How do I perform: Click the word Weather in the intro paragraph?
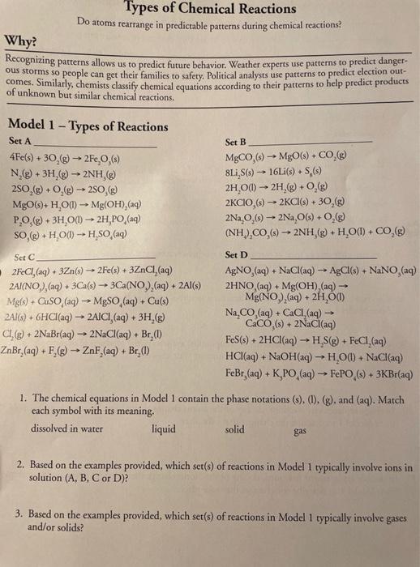click(x=223, y=62)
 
